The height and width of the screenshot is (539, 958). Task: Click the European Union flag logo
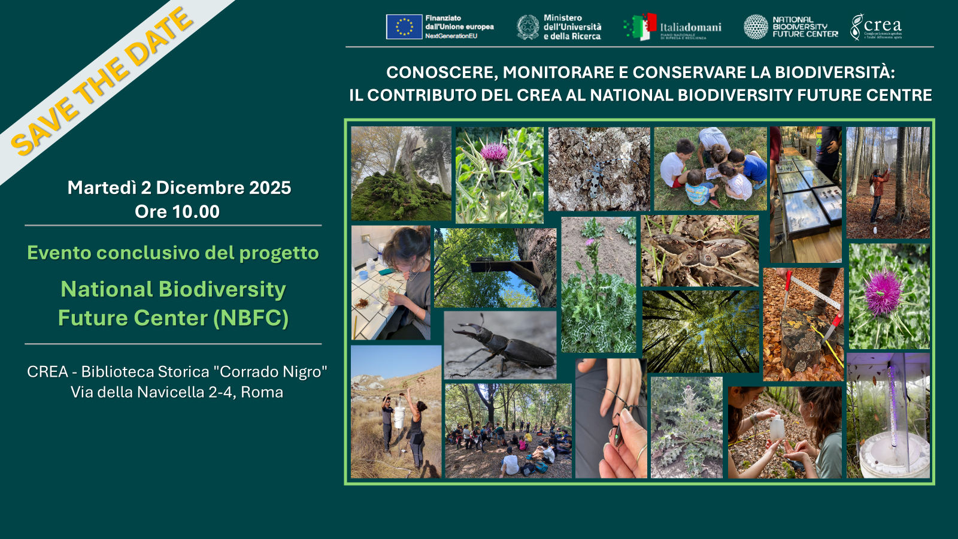404,27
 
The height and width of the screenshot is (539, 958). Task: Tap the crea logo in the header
876,27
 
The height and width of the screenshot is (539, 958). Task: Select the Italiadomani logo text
690,28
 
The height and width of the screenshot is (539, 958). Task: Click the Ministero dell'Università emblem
528,27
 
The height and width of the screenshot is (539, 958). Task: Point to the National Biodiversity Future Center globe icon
756,27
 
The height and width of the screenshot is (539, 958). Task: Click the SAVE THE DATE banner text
102,81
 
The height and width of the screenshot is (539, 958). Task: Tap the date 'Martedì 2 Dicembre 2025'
179,187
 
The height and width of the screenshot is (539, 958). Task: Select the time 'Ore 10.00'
177,211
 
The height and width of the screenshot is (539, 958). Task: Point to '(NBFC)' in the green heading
251,318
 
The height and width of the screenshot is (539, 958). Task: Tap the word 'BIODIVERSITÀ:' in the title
835,72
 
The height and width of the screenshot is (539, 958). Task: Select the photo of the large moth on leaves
699,252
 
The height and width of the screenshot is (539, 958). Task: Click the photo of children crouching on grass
710,168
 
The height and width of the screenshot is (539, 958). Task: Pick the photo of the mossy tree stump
401,174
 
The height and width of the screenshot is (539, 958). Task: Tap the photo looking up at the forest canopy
701,331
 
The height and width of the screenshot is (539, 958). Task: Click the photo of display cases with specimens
805,195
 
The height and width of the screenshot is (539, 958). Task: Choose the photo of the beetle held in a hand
611,419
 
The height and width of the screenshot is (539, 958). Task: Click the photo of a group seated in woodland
508,431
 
